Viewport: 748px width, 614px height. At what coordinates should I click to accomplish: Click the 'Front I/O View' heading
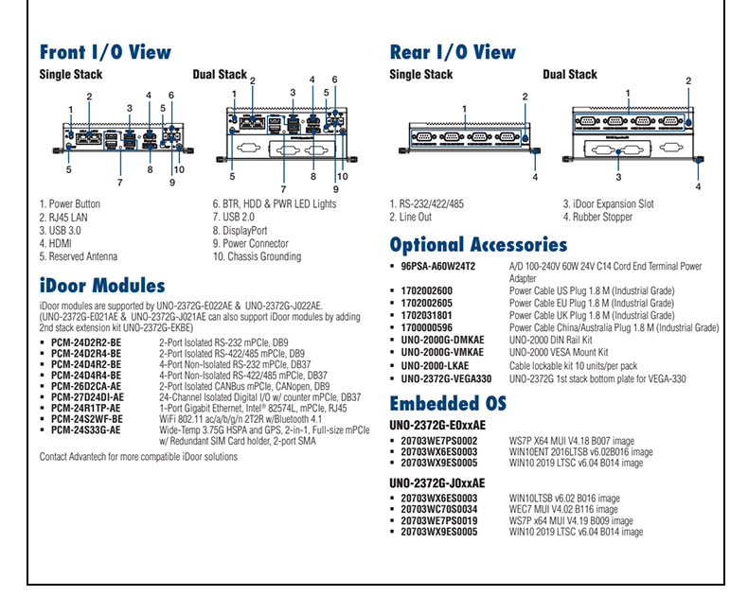tap(105, 52)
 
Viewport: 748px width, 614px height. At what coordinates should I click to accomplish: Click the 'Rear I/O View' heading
tap(453, 52)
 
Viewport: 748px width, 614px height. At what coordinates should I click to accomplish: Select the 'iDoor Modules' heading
tap(102, 286)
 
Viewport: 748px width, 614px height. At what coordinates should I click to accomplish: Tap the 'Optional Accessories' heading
tap(478, 245)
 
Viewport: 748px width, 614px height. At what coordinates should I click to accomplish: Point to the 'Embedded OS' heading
tap(448, 404)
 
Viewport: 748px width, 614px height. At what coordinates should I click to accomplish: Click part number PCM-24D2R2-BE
tap(86, 342)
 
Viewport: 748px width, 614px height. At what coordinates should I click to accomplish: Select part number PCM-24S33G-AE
tap(86, 430)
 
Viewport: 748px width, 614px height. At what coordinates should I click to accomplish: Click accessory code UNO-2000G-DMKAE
tap(442, 340)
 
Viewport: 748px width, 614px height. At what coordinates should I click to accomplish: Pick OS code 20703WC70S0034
tap(439, 509)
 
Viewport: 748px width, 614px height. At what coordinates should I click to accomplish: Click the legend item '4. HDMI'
tap(59, 243)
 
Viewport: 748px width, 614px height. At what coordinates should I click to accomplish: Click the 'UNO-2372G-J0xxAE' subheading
tap(437, 482)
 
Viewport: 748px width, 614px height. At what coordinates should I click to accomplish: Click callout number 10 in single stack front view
tap(178, 170)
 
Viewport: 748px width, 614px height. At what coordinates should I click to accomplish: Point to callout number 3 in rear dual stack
tap(618, 177)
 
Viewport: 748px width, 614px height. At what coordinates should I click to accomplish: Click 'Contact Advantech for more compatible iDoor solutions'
tap(138, 457)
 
